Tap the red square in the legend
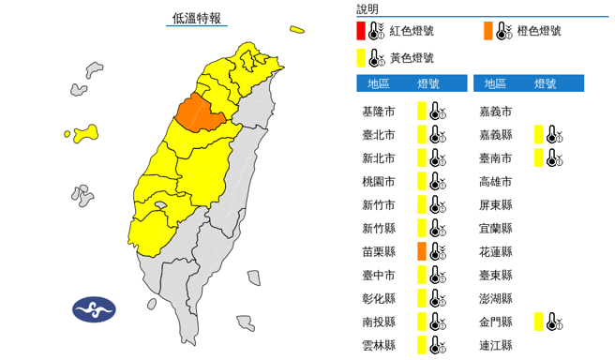pyautogui.click(x=362, y=31)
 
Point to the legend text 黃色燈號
pyautogui.click(x=413, y=59)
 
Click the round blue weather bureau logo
pyautogui.click(x=95, y=308)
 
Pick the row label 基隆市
pyautogui.click(x=378, y=111)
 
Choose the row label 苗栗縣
pyautogui.click(x=378, y=251)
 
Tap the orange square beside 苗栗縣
pyautogui.click(x=422, y=250)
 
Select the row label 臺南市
pyautogui.click(x=496, y=157)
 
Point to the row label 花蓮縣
pyautogui.click(x=496, y=251)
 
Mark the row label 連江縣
pyautogui.click(x=496, y=345)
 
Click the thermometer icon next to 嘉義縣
pyautogui.click(x=554, y=134)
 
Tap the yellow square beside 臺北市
pyautogui.click(x=422, y=134)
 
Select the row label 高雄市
pyautogui.click(x=496, y=181)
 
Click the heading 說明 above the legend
pyautogui.click(x=367, y=8)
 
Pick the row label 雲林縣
pyautogui.click(x=378, y=345)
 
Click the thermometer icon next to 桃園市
pyautogui.click(x=436, y=181)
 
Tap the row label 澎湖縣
pyautogui.click(x=496, y=298)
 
